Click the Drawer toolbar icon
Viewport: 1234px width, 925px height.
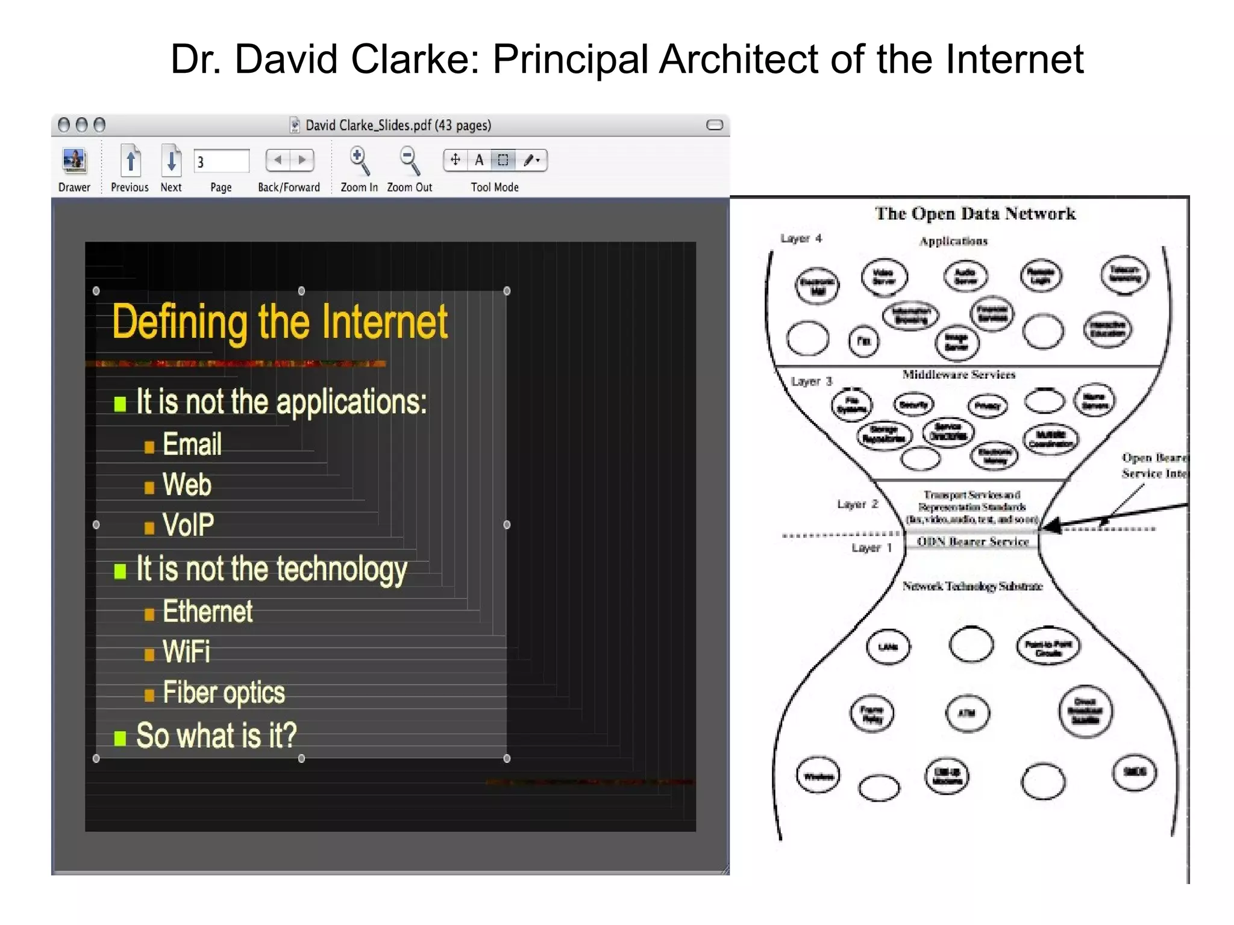(x=75, y=161)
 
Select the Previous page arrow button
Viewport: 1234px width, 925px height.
(x=130, y=161)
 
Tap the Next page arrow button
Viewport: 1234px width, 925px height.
(x=171, y=161)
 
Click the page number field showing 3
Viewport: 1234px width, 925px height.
(x=221, y=161)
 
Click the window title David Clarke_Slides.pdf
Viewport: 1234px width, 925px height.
(x=398, y=125)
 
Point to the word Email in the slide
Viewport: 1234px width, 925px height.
(x=192, y=444)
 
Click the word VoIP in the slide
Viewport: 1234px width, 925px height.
(x=188, y=525)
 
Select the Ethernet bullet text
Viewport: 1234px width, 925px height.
(x=208, y=612)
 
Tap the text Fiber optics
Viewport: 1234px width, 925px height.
(x=224, y=693)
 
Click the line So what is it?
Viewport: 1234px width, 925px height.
(x=216, y=736)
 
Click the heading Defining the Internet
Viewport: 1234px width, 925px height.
(x=280, y=322)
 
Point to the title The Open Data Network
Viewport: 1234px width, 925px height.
(x=975, y=214)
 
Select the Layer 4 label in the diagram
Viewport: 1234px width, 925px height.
(x=801, y=238)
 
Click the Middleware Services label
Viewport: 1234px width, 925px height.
(x=959, y=375)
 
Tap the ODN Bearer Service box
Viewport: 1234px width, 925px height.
(x=972, y=541)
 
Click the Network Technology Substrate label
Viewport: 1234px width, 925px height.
(x=972, y=586)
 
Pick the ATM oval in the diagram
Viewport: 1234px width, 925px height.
(x=966, y=713)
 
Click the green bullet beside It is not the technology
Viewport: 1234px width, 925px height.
(x=120, y=571)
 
